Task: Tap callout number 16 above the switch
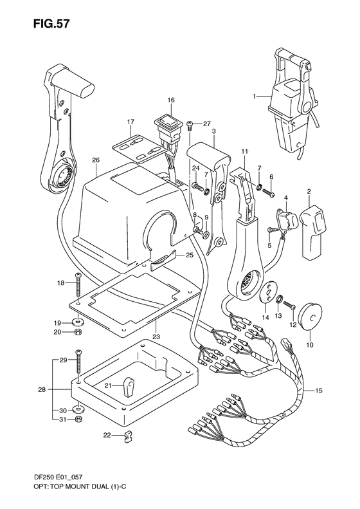171,100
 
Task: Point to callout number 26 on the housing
96,160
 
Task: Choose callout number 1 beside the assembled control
255,97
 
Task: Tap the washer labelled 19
78,321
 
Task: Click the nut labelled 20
78,332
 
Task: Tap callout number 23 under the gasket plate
156,337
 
